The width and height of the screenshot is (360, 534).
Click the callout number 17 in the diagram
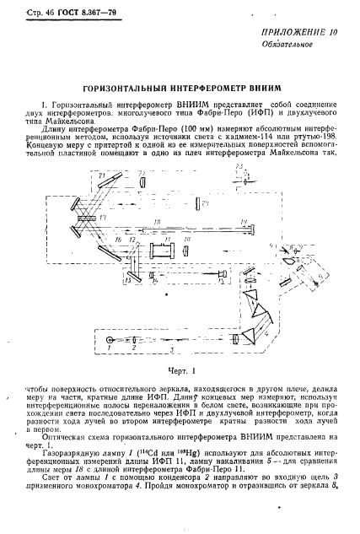point(102,218)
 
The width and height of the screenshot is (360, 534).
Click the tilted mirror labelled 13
point(132,278)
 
